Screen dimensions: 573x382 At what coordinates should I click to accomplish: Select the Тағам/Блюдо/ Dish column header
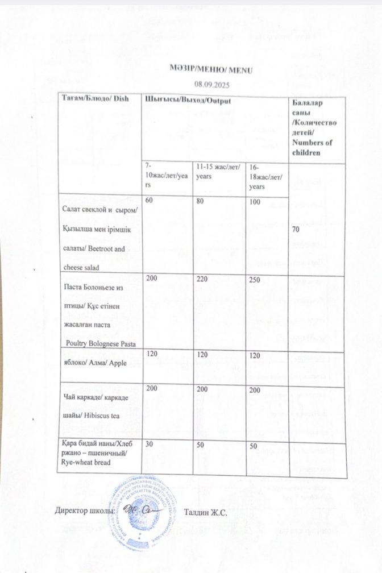(x=96, y=98)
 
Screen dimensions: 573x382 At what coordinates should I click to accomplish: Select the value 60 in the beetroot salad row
(x=150, y=201)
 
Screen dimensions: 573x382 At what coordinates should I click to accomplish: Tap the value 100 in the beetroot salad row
(x=256, y=202)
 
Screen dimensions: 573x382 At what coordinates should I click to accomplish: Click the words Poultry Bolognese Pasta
(x=102, y=343)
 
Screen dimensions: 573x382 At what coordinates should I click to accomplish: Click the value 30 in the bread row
(x=151, y=445)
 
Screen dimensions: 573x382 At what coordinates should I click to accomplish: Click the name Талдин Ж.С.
(x=206, y=513)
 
